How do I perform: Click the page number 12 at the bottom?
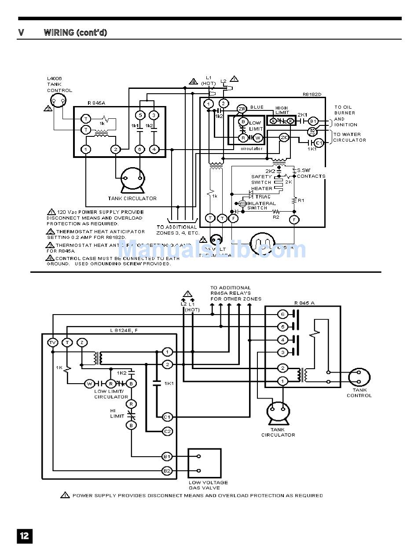tap(24, 535)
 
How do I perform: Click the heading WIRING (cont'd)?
tap(75, 33)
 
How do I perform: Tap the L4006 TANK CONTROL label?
tap(59, 84)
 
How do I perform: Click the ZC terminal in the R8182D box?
tap(284, 138)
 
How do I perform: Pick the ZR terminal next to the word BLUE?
tap(242, 109)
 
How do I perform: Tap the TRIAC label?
tap(263, 196)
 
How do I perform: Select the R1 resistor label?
tap(301, 200)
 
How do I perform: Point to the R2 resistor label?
tap(276, 217)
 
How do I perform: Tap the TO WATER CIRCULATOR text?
tap(349, 137)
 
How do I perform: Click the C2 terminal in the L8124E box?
tap(167, 431)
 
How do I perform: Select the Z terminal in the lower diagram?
tap(82, 342)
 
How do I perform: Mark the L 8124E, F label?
tap(124, 330)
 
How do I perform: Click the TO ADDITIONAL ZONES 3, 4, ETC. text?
tap(178, 230)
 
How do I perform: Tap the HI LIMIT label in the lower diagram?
tap(117, 413)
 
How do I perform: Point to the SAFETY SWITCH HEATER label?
tap(261, 182)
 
